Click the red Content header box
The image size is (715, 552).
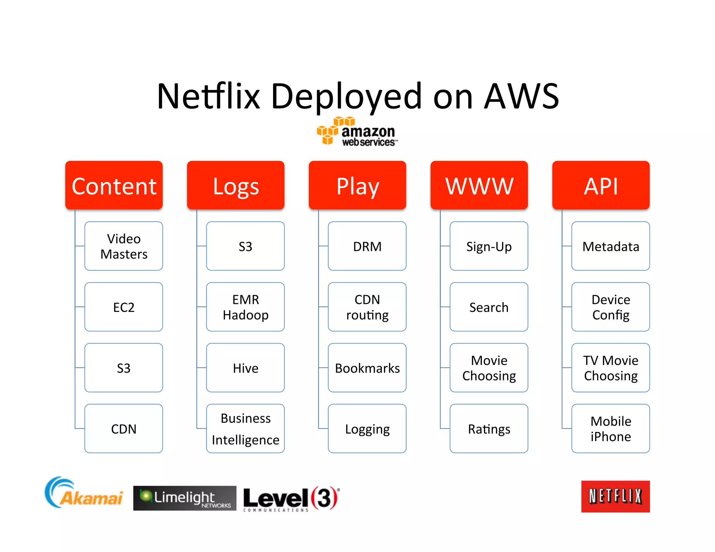(x=114, y=185)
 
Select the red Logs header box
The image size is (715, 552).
(x=236, y=185)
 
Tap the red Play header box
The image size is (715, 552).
(x=357, y=185)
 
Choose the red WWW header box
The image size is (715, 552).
(x=479, y=185)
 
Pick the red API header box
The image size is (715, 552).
(x=601, y=185)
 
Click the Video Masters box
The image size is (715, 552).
(x=124, y=246)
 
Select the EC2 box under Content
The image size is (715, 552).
(x=124, y=307)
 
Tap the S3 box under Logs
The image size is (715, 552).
(x=245, y=246)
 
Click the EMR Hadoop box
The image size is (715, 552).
(x=245, y=307)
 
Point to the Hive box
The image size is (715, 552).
(x=245, y=368)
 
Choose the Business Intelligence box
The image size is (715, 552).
(x=245, y=428)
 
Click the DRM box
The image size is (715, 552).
(x=367, y=246)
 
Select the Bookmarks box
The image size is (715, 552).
(x=367, y=368)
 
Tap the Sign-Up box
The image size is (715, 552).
(x=489, y=246)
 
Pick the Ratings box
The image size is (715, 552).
(x=489, y=428)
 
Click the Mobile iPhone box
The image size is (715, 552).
(x=611, y=428)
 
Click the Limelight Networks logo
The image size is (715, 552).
(x=185, y=498)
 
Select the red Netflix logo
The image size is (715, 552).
(x=615, y=496)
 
